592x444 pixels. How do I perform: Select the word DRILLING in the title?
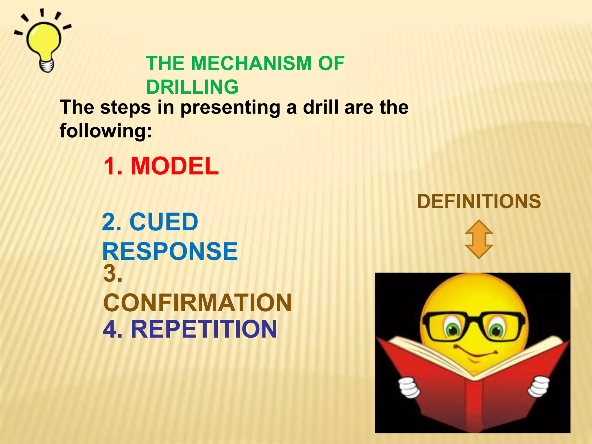point(192,87)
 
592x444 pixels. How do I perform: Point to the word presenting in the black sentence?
point(230,108)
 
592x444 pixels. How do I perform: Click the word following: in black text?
point(106,131)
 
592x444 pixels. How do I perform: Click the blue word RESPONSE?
point(170,251)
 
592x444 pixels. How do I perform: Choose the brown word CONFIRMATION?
point(197,303)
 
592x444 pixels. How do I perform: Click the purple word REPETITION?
point(204,329)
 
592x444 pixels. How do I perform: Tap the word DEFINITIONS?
point(479,201)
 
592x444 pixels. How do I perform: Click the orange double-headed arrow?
point(479,239)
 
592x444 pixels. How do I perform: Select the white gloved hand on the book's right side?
point(538,386)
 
